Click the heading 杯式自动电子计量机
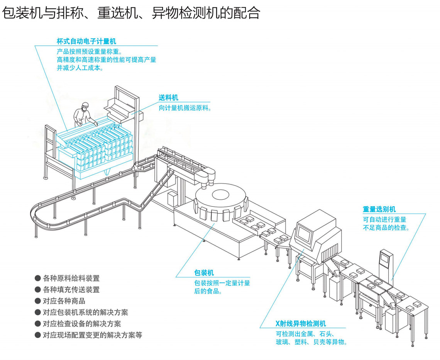[86, 41]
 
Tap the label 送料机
[168, 98]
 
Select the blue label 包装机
[204, 273]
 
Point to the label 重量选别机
[379, 209]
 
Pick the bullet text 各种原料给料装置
[71, 278]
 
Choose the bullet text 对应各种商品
[64, 301]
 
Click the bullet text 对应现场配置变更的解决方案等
[92, 335]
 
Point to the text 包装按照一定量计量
[222, 283]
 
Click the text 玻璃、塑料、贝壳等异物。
[311, 342]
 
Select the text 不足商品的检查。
[386, 228]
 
